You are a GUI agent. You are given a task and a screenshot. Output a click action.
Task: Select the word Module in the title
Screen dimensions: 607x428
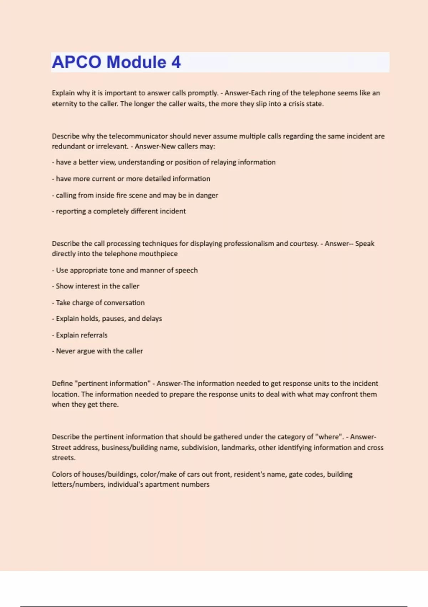coord(137,62)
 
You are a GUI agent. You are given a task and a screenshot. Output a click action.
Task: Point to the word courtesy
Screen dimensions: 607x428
coord(304,244)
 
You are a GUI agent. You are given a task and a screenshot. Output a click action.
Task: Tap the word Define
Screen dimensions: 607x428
coord(62,383)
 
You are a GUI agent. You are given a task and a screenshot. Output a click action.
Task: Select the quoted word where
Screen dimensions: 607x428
coord(328,437)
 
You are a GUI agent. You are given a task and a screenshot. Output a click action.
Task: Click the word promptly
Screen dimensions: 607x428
coord(203,93)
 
